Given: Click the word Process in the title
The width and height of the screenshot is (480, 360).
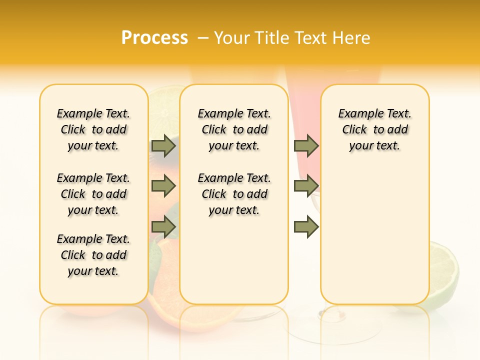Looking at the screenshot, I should point(154,37).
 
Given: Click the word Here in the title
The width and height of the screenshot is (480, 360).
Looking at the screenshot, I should point(351,38).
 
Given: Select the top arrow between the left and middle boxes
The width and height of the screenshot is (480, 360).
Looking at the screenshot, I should point(163,145).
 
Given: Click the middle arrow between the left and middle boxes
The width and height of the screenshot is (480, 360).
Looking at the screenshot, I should point(163,186).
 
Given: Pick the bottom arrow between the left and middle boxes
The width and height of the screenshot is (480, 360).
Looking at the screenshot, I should point(163,227).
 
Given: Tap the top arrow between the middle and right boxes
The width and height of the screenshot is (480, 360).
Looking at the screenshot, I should point(306,145).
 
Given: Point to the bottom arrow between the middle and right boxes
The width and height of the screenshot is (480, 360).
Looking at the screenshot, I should point(306,227).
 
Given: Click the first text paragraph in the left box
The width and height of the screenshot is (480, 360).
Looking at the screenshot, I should point(93,129).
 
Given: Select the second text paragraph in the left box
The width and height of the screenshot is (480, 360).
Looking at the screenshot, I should point(93,194).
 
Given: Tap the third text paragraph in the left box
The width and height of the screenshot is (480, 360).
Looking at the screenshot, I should point(93,255).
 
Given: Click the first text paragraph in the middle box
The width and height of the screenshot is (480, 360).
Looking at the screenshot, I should point(234,129).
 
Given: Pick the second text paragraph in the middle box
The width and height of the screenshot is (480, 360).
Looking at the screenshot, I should point(234,194).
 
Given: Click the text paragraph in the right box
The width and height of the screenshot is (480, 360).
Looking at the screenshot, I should point(374,129).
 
